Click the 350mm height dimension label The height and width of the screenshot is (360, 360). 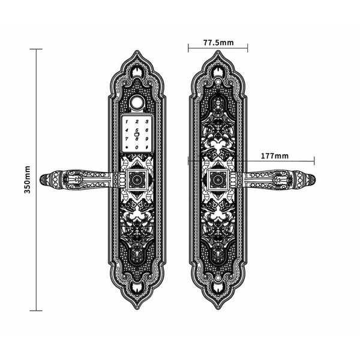tap(28, 179)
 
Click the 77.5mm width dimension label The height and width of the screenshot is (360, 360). tap(218, 43)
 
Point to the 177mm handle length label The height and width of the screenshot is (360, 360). tap(275, 156)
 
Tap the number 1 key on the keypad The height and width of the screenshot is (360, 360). tap(127, 122)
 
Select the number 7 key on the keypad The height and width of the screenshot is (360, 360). tap(127, 139)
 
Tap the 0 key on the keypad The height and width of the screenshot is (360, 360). tap(137, 147)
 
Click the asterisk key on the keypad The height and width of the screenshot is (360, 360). tap(127, 147)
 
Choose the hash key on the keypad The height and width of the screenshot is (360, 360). tap(146, 147)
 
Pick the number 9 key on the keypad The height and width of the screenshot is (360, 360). tap(146, 139)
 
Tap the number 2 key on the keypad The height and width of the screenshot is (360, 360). tap(137, 122)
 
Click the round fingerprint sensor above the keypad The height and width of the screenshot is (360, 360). tap(137, 100)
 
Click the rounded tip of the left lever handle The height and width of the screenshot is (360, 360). tap(43, 179)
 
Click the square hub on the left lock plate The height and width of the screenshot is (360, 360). tap(137, 179)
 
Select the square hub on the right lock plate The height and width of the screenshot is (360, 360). tap(218, 179)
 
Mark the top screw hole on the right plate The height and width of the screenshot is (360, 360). tap(218, 81)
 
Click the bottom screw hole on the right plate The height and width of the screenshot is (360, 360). tap(218, 278)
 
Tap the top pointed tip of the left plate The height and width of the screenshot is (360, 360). tap(137, 51)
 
